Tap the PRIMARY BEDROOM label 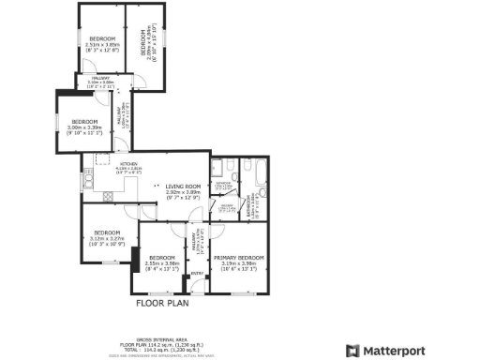(238, 257)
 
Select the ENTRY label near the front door (197, 274)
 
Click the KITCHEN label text (127, 165)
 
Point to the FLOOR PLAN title (164, 303)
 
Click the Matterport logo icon (352, 350)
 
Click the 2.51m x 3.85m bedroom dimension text (102, 44)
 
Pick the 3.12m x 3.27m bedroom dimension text (107, 238)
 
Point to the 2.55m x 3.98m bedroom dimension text (162, 263)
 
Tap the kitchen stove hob (108, 195)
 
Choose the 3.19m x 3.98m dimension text (237, 263)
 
